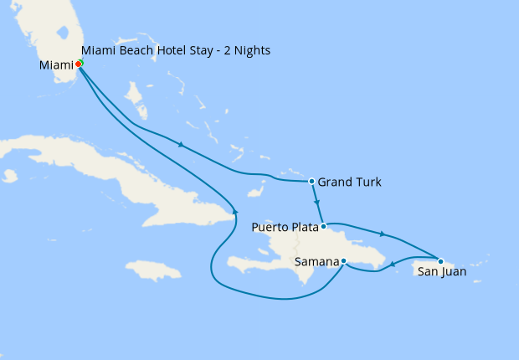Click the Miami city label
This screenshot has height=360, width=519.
(55, 64)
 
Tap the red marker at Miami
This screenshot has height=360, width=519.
(79, 64)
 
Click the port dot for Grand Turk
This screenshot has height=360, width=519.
(311, 181)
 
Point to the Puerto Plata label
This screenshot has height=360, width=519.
(285, 226)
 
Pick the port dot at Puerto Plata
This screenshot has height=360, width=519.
(323, 226)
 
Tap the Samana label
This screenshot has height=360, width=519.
(317, 262)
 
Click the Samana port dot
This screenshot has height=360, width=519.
(344, 261)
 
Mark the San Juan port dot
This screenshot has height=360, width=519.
(440, 260)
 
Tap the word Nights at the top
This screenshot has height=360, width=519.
(252, 51)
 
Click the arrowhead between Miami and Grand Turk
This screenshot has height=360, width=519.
(180, 145)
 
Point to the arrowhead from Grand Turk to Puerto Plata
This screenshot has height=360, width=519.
(316, 203)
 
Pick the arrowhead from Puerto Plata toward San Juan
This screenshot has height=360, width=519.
(383, 234)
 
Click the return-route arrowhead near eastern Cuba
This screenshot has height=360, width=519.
(236, 213)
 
